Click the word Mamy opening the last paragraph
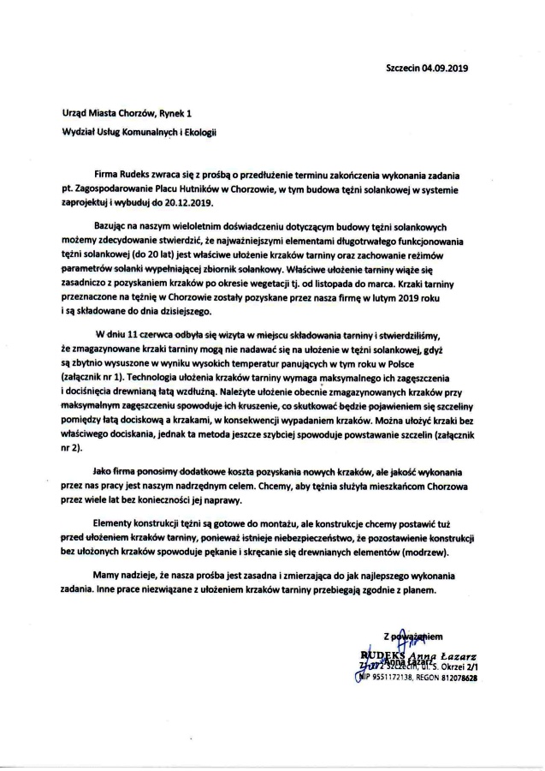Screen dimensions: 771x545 click(x=110, y=577)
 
